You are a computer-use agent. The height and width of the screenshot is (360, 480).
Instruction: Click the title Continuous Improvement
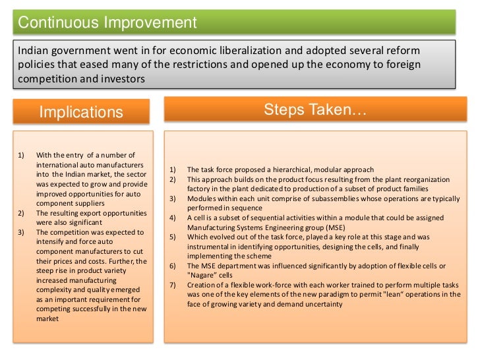[107, 22]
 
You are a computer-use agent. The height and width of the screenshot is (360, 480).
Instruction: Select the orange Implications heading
[81, 112]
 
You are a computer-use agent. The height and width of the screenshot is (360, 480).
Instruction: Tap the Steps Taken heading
[315, 109]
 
